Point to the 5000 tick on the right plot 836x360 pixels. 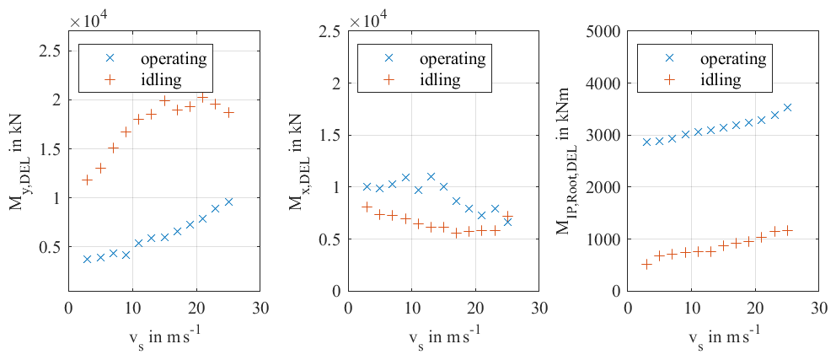click(x=604, y=31)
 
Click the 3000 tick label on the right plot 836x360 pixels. click(x=604, y=135)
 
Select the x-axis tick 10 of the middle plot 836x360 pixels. click(x=411, y=309)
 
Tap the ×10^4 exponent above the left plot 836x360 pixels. click(x=88, y=17)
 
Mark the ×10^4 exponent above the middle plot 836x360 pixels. click(x=368, y=17)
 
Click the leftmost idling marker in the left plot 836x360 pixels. click(x=87, y=180)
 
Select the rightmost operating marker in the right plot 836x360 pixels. click(x=787, y=107)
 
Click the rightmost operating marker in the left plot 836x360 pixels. click(x=228, y=201)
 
